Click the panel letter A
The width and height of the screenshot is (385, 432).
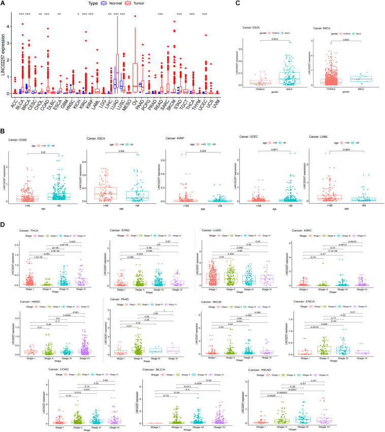coord(4,4)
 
